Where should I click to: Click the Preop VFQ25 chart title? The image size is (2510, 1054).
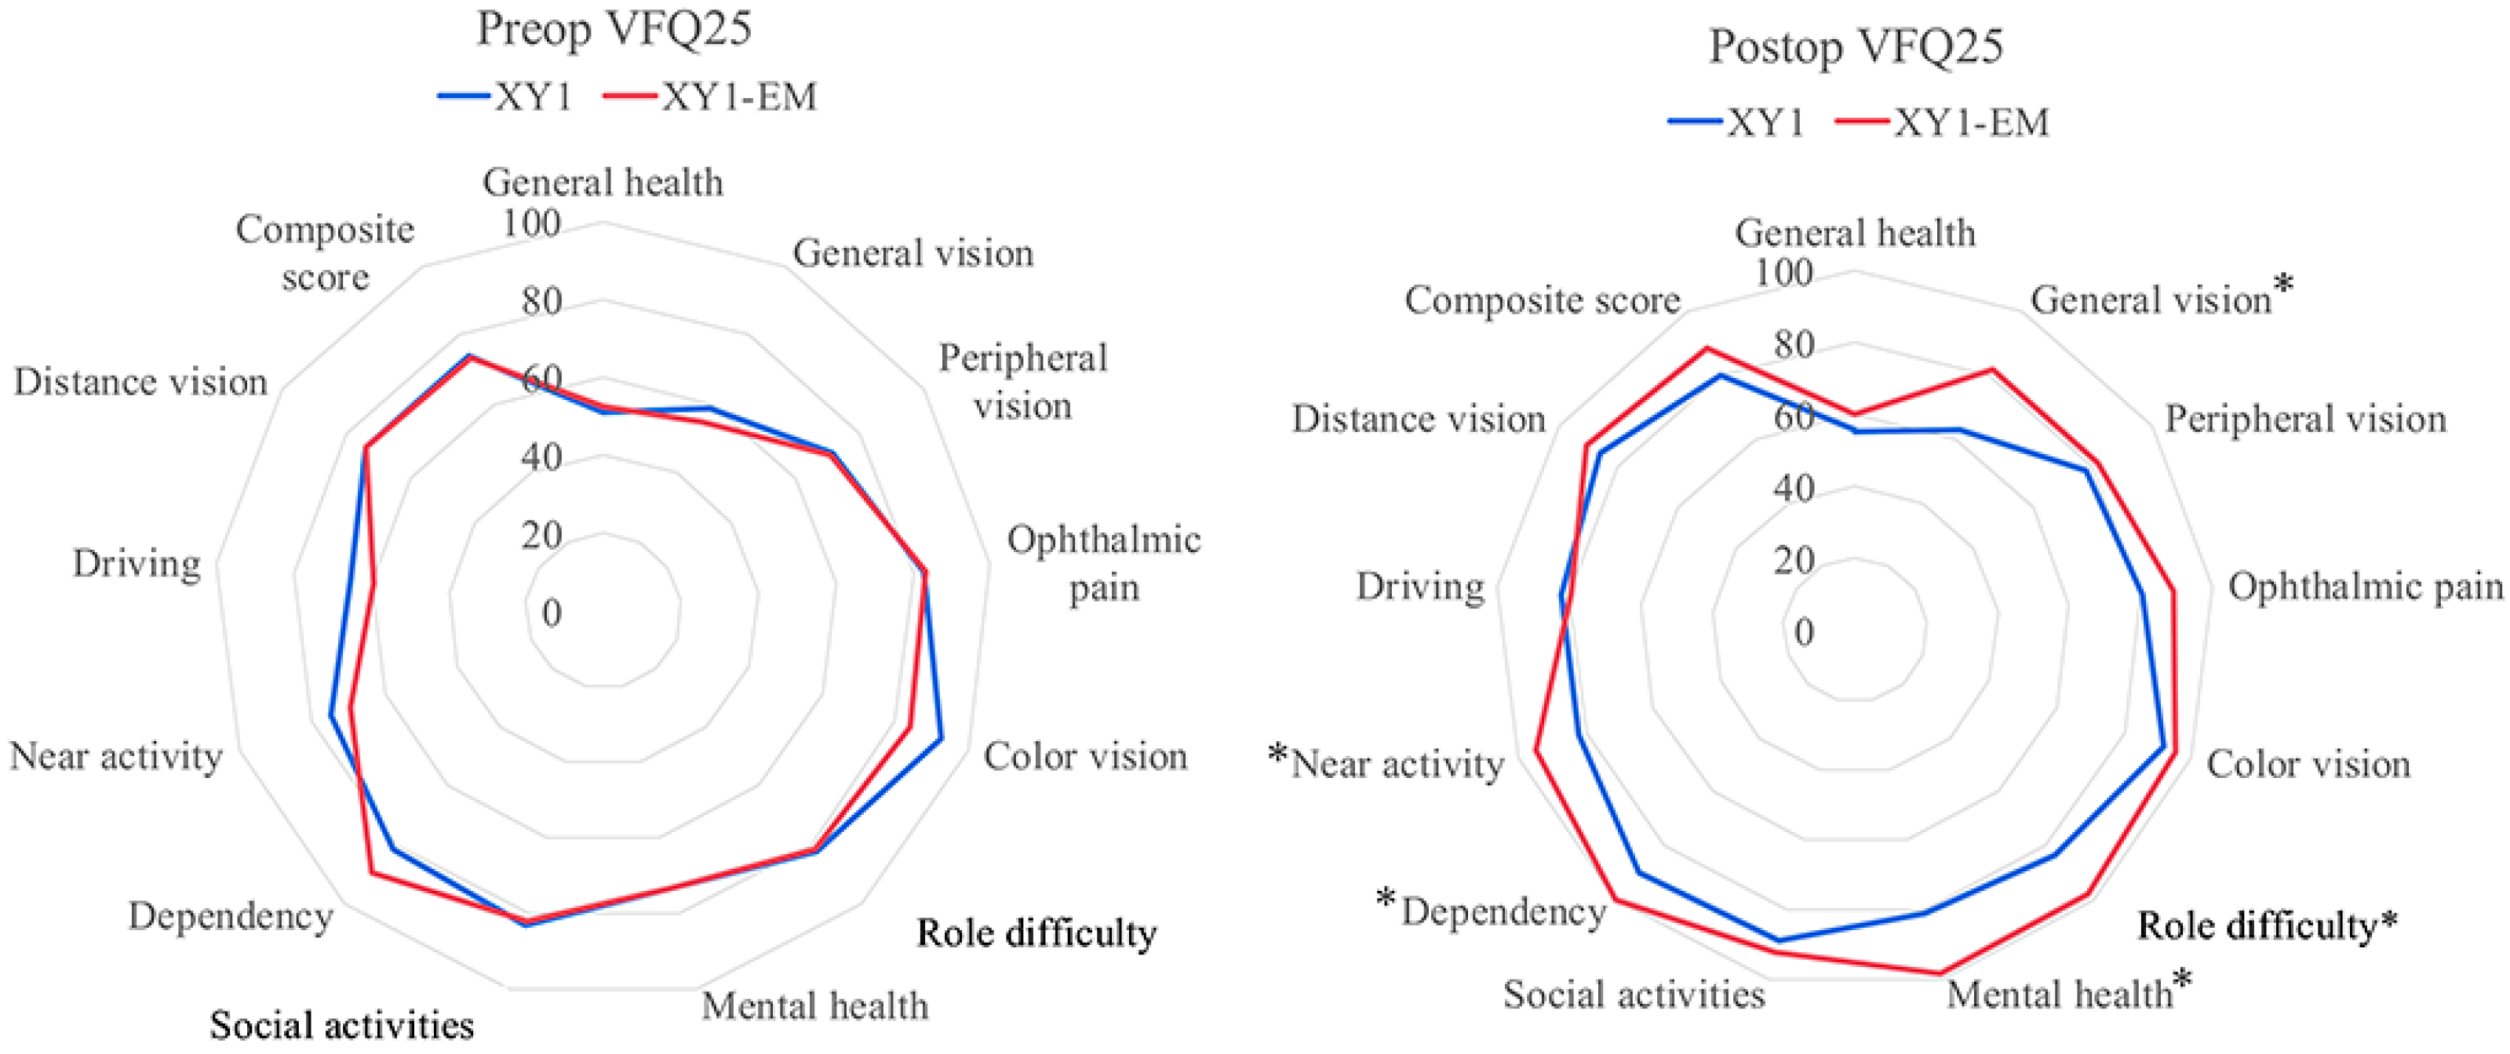(614, 29)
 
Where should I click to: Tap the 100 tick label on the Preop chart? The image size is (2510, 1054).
(531, 224)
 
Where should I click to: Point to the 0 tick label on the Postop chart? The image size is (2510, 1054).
(1804, 633)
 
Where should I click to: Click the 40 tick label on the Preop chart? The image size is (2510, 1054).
(541, 457)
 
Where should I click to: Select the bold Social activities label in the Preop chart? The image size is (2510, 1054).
(342, 1025)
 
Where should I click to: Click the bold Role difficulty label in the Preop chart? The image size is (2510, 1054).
(1036, 933)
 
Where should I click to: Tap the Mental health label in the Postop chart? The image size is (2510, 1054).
(2059, 994)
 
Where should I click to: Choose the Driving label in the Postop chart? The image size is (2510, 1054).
(1419, 587)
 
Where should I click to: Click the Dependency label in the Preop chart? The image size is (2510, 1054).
(231, 917)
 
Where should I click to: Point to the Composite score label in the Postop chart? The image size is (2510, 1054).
(1542, 300)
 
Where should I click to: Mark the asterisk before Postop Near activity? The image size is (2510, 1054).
(1278, 754)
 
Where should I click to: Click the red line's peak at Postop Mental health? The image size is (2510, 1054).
(1941, 972)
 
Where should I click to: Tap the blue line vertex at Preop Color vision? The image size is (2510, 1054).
(942, 739)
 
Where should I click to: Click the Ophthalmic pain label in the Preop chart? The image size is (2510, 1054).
(1103, 564)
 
